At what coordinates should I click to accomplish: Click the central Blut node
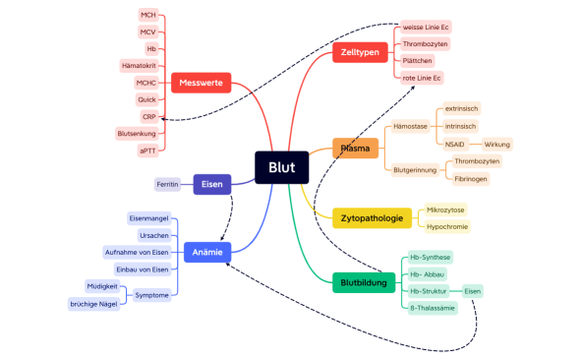pyautogui.click(x=282, y=167)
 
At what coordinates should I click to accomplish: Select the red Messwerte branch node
pyautogui.click(x=201, y=83)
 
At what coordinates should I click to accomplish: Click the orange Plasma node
pyautogui.click(x=355, y=150)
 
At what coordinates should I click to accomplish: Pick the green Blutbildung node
pyautogui.click(x=362, y=282)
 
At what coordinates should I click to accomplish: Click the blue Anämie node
pyautogui.click(x=207, y=252)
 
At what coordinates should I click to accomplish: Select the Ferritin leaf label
pyautogui.click(x=167, y=184)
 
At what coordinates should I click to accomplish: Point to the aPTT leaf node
pyautogui.click(x=147, y=150)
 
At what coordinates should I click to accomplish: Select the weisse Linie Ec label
pyautogui.click(x=427, y=27)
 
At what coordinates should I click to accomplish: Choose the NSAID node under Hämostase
pyautogui.click(x=454, y=144)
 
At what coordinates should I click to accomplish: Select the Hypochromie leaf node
pyautogui.click(x=447, y=226)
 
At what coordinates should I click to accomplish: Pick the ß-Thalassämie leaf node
pyautogui.click(x=432, y=308)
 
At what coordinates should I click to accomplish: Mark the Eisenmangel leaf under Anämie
pyautogui.click(x=149, y=217)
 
